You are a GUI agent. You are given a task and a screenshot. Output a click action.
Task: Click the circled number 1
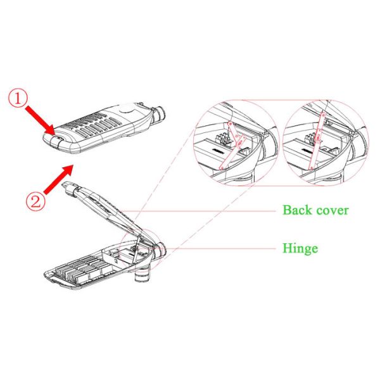coord(18,99)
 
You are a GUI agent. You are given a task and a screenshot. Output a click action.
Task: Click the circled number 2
coord(35,201)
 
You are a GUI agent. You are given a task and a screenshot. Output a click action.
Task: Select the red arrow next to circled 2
coord(58,179)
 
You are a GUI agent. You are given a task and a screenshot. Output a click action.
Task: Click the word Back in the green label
coord(298,210)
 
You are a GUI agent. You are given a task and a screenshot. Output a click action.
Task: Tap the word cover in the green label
coord(332,211)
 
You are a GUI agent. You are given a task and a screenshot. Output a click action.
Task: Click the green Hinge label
coord(300,249)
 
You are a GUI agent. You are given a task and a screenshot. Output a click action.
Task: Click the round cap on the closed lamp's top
coord(127,110)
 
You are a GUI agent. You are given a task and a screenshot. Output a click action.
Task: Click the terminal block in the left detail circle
coord(223,140)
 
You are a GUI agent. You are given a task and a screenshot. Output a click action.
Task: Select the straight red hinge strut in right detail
coord(317,141)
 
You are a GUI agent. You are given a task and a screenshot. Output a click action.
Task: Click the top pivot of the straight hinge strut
coord(323,114)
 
